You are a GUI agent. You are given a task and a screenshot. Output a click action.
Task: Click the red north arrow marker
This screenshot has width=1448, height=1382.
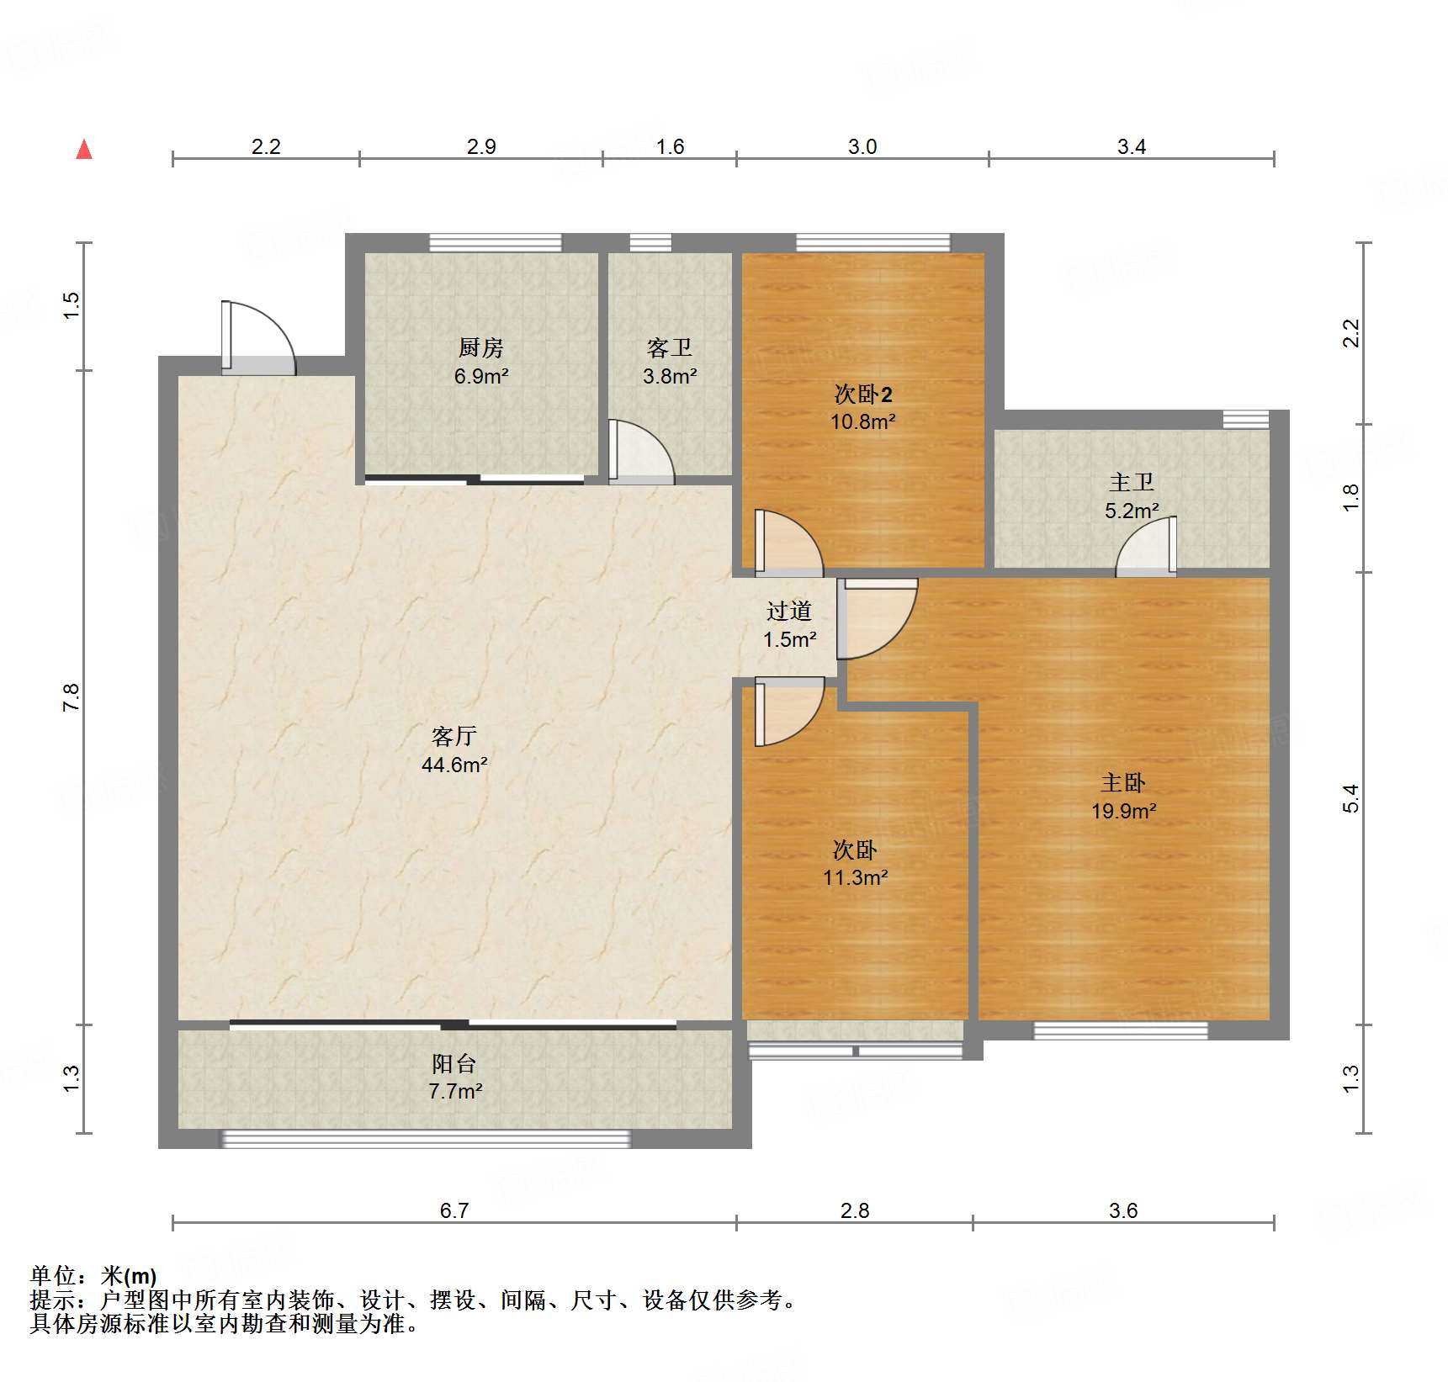click(84, 150)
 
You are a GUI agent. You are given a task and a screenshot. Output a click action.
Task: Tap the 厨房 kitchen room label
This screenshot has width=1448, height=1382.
click(480, 347)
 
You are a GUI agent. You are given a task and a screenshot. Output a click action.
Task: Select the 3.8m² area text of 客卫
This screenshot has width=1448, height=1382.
click(670, 376)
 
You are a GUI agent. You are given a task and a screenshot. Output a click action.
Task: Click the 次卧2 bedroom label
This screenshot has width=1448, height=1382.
click(862, 394)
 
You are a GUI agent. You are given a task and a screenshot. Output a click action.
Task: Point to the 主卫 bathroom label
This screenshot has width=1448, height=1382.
click(1131, 482)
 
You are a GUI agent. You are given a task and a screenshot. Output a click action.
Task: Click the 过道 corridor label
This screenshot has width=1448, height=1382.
click(788, 611)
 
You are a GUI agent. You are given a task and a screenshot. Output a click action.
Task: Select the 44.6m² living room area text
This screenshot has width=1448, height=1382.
click(454, 765)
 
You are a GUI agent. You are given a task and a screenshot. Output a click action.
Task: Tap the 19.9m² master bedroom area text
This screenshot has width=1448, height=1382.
click(1123, 811)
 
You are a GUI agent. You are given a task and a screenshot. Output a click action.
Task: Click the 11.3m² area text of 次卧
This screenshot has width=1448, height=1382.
click(855, 877)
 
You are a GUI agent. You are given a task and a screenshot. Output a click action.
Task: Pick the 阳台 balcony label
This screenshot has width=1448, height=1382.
click(454, 1063)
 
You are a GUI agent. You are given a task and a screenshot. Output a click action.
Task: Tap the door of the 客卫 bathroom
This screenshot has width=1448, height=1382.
click(641, 453)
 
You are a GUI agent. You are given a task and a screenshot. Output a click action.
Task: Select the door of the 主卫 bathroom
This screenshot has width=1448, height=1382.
click(1147, 548)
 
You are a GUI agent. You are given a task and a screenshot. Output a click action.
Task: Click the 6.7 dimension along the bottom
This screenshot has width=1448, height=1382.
click(454, 1210)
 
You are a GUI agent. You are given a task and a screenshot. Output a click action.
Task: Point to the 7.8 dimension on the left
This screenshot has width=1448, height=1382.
click(71, 697)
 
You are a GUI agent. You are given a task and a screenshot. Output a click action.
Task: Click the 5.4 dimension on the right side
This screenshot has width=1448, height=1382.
click(1350, 797)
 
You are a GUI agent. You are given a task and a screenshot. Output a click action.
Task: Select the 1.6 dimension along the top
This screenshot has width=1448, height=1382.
click(670, 146)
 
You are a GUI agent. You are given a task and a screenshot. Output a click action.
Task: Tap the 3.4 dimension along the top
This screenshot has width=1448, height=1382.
click(1131, 146)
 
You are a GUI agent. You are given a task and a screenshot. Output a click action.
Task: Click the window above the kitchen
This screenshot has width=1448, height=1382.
click(495, 243)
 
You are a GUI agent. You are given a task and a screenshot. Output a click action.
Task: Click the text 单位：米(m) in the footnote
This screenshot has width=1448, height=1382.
click(93, 1276)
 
